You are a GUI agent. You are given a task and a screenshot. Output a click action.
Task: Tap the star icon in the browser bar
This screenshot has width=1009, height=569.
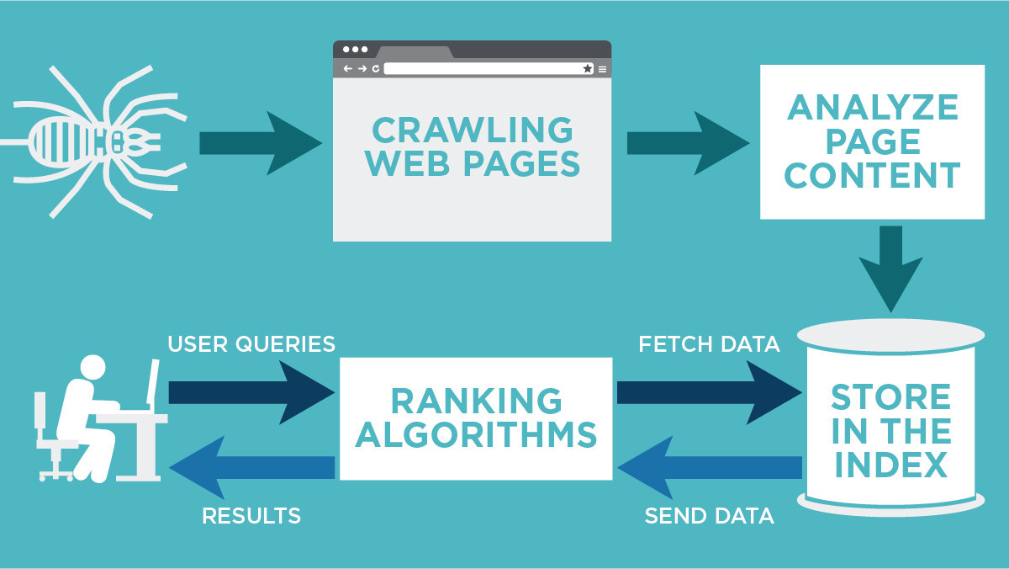[x=588, y=68]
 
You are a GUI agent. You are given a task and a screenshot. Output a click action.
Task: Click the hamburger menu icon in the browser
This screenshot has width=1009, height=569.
[x=602, y=68]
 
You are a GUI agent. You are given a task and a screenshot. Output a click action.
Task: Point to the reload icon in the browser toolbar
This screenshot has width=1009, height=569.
[x=375, y=68]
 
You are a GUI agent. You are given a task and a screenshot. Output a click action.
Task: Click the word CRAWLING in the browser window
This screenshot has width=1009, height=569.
[x=473, y=131]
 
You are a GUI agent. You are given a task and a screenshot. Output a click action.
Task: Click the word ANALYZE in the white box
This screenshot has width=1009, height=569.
[x=873, y=108]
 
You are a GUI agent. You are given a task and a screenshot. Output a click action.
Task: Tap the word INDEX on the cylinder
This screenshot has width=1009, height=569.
[x=890, y=465]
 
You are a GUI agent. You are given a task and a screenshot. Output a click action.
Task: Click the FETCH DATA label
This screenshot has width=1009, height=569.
[x=709, y=344]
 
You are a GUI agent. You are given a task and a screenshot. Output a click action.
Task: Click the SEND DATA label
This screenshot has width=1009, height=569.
[x=709, y=515]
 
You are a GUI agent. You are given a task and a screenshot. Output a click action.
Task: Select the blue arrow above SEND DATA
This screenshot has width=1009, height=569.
[x=710, y=467]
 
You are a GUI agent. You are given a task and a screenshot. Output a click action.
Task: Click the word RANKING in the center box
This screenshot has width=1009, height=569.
[x=476, y=401]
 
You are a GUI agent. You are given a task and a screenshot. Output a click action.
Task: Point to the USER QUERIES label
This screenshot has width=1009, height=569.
[x=251, y=344]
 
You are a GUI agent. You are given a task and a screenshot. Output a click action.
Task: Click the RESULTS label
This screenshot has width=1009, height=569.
[x=251, y=515]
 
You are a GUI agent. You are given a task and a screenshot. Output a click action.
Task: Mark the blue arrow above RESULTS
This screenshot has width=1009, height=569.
[x=251, y=467]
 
